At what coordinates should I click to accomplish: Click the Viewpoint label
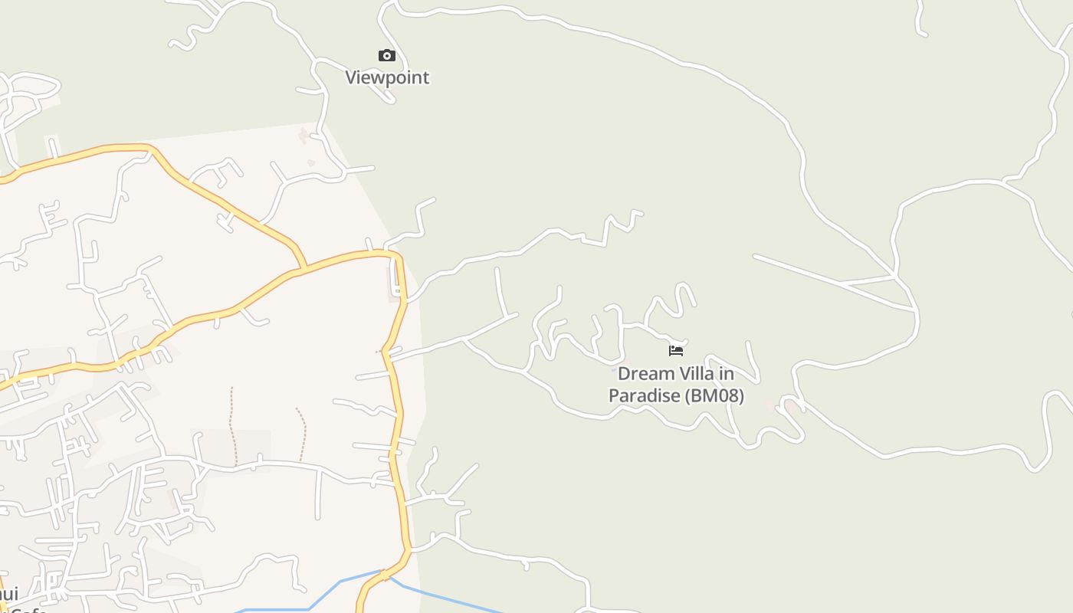point(387,77)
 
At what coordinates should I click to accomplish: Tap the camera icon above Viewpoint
point(387,55)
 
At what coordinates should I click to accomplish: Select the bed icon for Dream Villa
point(675,351)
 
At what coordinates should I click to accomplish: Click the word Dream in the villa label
point(642,374)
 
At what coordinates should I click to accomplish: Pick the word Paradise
point(645,396)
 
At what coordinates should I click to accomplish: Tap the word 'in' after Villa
point(726,374)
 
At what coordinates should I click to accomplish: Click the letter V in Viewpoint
point(351,77)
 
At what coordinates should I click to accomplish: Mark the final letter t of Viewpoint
point(426,77)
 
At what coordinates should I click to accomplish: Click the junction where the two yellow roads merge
point(304,269)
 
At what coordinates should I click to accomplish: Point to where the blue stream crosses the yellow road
point(382,572)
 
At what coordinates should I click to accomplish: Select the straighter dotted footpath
point(231,425)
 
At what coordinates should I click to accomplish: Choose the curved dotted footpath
point(304,433)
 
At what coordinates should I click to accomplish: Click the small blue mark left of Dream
point(613,370)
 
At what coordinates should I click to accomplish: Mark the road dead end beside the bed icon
point(684,342)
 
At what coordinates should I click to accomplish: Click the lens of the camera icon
point(387,56)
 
